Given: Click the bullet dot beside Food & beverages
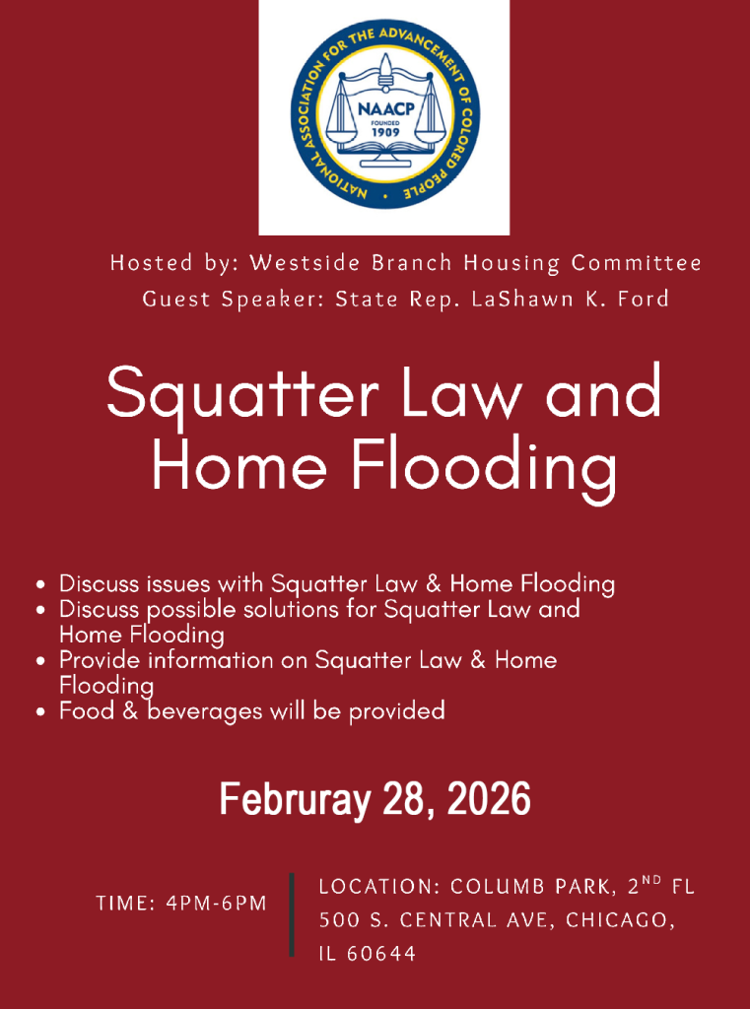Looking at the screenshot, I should coord(40,710).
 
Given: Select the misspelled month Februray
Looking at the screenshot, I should coord(293,798).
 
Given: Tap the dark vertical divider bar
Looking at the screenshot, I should coord(292,913).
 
